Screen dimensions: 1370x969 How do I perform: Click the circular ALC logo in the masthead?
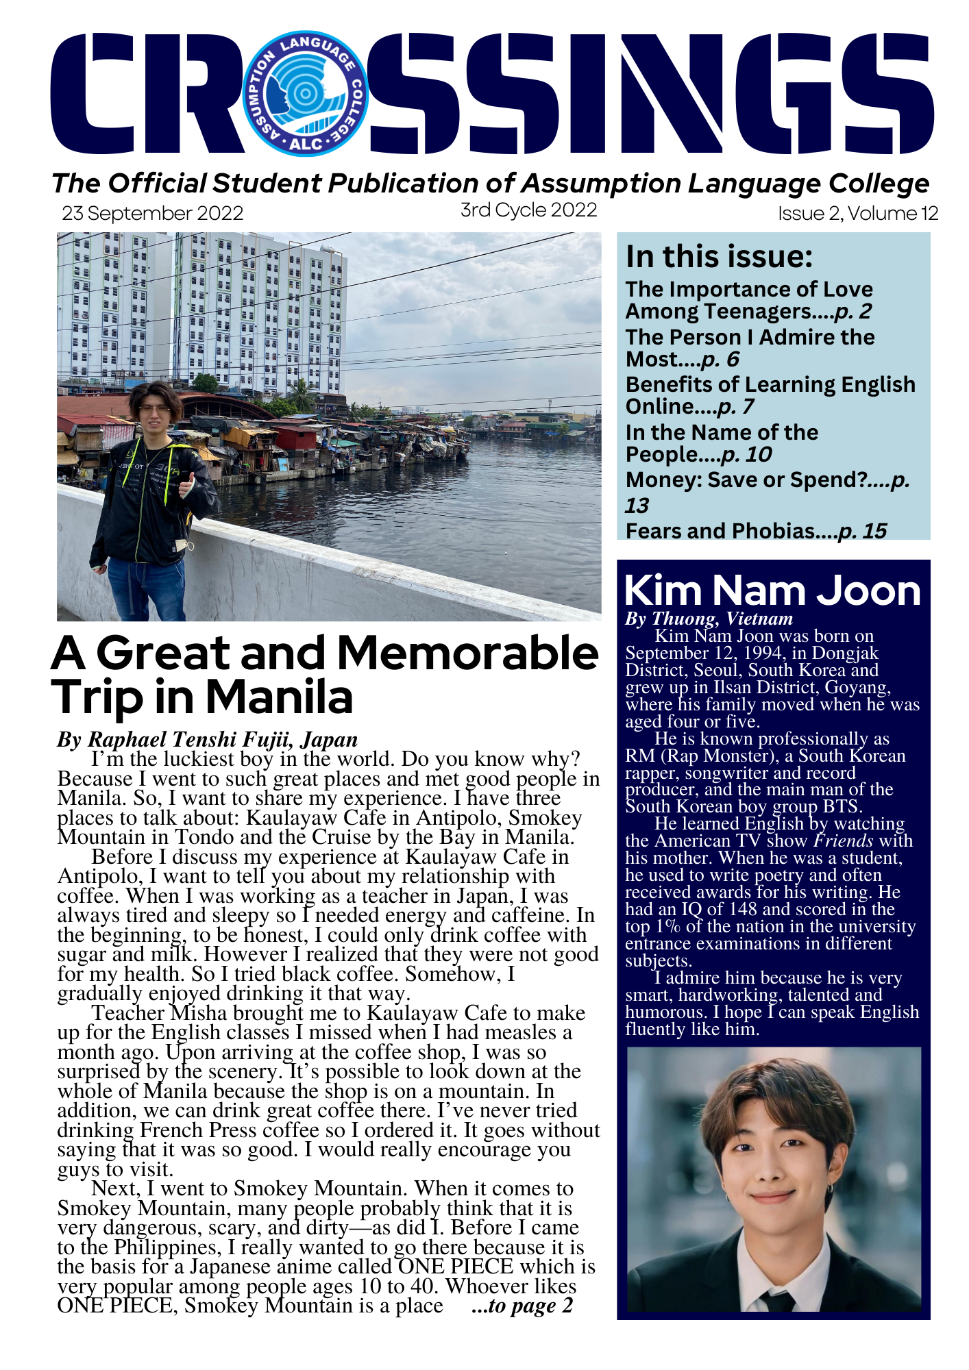[306, 94]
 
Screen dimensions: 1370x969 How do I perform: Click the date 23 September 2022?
[153, 214]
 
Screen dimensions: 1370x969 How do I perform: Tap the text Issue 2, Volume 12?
[857, 214]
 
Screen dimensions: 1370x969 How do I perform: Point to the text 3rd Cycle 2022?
[528, 210]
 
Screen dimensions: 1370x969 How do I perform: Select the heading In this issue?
[719, 257]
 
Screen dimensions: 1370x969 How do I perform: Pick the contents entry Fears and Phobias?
[720, 531]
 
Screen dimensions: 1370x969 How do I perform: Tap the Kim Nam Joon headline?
[772, 590]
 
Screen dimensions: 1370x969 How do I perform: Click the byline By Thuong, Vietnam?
[709, 619]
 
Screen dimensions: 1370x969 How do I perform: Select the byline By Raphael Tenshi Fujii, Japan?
[207, 740]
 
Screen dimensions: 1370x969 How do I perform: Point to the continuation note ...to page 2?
[522, 1306]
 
